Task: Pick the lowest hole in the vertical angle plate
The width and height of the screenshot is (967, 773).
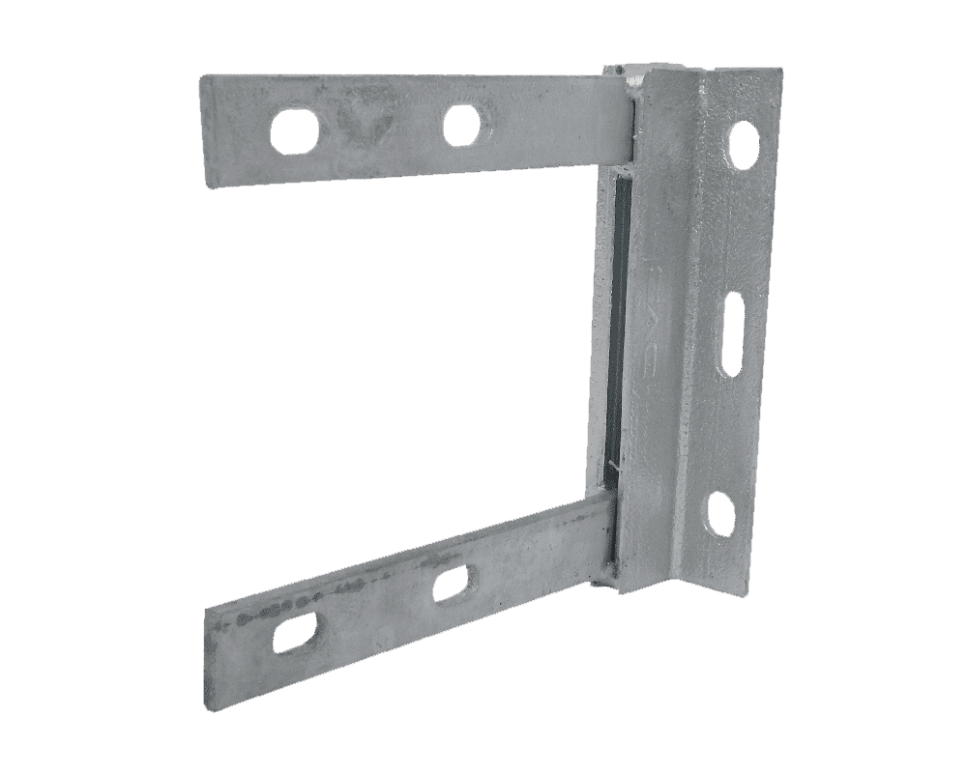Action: [x=720, y=513]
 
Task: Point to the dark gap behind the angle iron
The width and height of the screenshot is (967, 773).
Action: [x=609, y=329]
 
